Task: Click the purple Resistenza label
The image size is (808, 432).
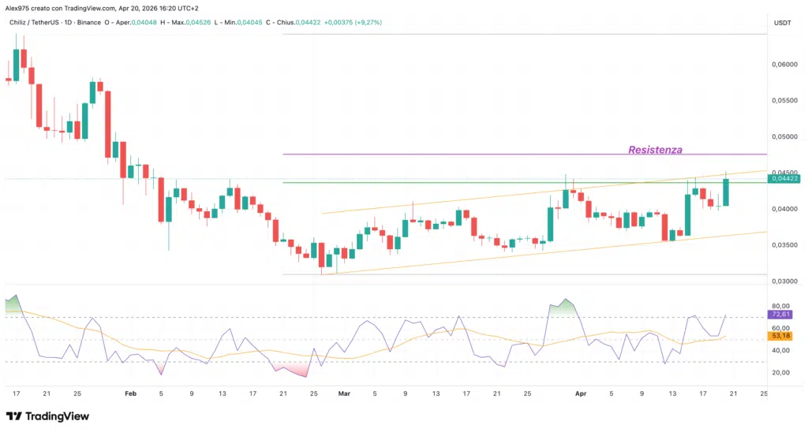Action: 655,149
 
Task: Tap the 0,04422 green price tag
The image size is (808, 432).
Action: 786,179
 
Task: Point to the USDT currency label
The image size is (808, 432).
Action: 783,23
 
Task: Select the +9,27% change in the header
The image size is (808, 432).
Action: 365,22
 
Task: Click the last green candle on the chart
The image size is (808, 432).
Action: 724,192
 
